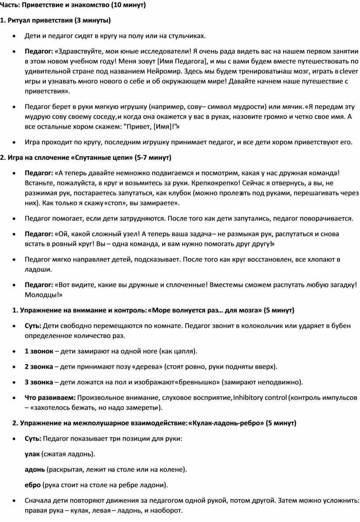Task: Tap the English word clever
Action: point(349,71)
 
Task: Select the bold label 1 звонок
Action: point(39,351)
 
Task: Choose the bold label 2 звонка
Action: point(39,366)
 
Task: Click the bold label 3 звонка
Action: point(39,382)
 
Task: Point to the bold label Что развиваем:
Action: point(50,397)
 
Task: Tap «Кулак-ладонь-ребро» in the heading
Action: point(225,423)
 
